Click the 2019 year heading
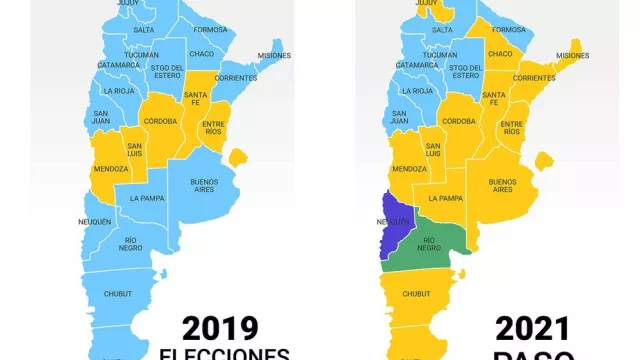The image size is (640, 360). click(220, 327)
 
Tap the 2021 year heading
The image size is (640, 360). click(533, 327)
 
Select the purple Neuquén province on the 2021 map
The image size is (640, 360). click(393, 226)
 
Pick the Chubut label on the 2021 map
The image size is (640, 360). click(416, 293)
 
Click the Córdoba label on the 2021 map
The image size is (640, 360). click(458, 121)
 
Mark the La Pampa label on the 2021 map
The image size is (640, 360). click(446, 198)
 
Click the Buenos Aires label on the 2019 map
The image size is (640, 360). click(205, 185)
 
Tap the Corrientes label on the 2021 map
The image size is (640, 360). click(533, 77)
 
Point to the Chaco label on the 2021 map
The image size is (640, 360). click(500, 53)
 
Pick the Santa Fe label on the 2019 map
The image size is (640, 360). click(195, 98)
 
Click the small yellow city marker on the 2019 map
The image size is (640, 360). click(238, 158)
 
